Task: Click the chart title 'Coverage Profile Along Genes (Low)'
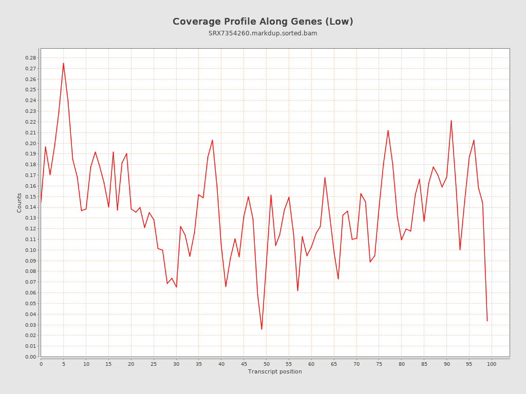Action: pyautogui.click(x=262, y=22)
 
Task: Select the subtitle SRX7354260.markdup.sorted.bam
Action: pyautogui.click(x=262, y=33)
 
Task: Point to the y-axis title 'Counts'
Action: pyautogui.click(x=20, y=203)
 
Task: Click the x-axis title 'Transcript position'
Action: pyautogui.click(x=275, y=371)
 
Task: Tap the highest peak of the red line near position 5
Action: pyautogui.click(x=63, y=63)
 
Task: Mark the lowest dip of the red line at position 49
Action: pyautogui.click(x=261, y=329)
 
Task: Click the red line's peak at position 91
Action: pyautogui.click(x=451, y=121)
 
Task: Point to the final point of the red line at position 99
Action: pyautogui.click(x=487, y=321)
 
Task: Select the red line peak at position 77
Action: pyautogui.click(x=388, y=130)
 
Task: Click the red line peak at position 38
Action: pyautogui.click(x=212, y=140)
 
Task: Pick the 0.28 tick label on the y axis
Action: pyautogui.click(x=31, y=58)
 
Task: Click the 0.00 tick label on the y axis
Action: pyautogui.click(x=31, y=357)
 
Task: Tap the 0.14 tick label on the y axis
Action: pyautogui.click(x=31, y=207)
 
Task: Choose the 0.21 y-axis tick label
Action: pyautogui.click(x=31, y=132)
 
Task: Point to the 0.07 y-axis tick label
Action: pyautogui.click(x=31, y=282)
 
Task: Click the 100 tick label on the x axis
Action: pyautogui.click(x=492, y=364)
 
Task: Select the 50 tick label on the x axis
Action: pyautogui.click(x=266, y=364)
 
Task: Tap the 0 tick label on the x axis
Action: pyautogui.click(x=41, y=364)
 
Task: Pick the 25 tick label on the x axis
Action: pyautogui.click(x=154, y=364)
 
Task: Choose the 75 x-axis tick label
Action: pyautogui.click(x=379, y=364)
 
